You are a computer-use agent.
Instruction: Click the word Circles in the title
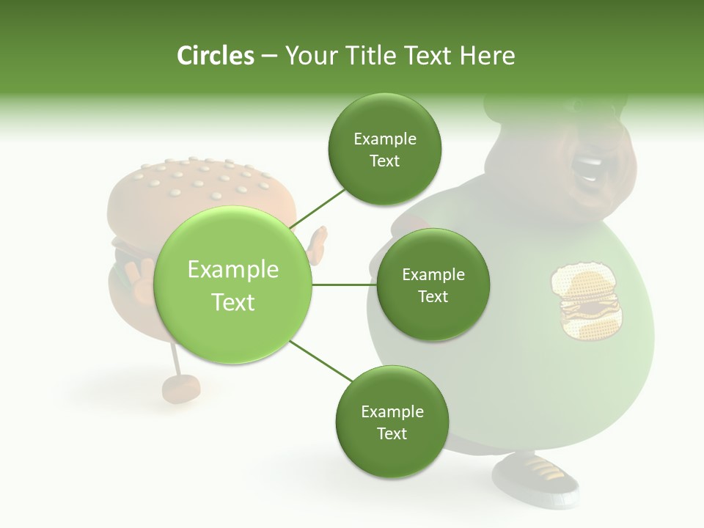click(x=216, y=56)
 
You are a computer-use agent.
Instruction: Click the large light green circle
click(x=233, y=285)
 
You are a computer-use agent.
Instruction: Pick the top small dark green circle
click(x=385, y=149)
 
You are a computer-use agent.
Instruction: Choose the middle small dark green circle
click(x=433, y=285)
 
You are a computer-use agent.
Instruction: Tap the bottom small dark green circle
click(x=392, y=422)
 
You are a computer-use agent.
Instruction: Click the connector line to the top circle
click(x=318, y=206)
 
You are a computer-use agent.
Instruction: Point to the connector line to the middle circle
click(x=344, y=285)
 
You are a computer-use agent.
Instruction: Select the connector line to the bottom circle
click(x=321, y=361)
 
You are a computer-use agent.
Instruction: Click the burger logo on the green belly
click(x=587, y=301)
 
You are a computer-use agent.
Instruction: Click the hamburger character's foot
click(x=180, y=389)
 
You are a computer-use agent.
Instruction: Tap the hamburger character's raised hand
click(x=318, y=245)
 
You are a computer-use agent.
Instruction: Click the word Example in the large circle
click(x=233, y=270)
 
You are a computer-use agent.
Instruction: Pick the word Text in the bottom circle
click(x=392, y=433)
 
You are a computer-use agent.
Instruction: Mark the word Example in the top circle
click(x=385, y=139)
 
